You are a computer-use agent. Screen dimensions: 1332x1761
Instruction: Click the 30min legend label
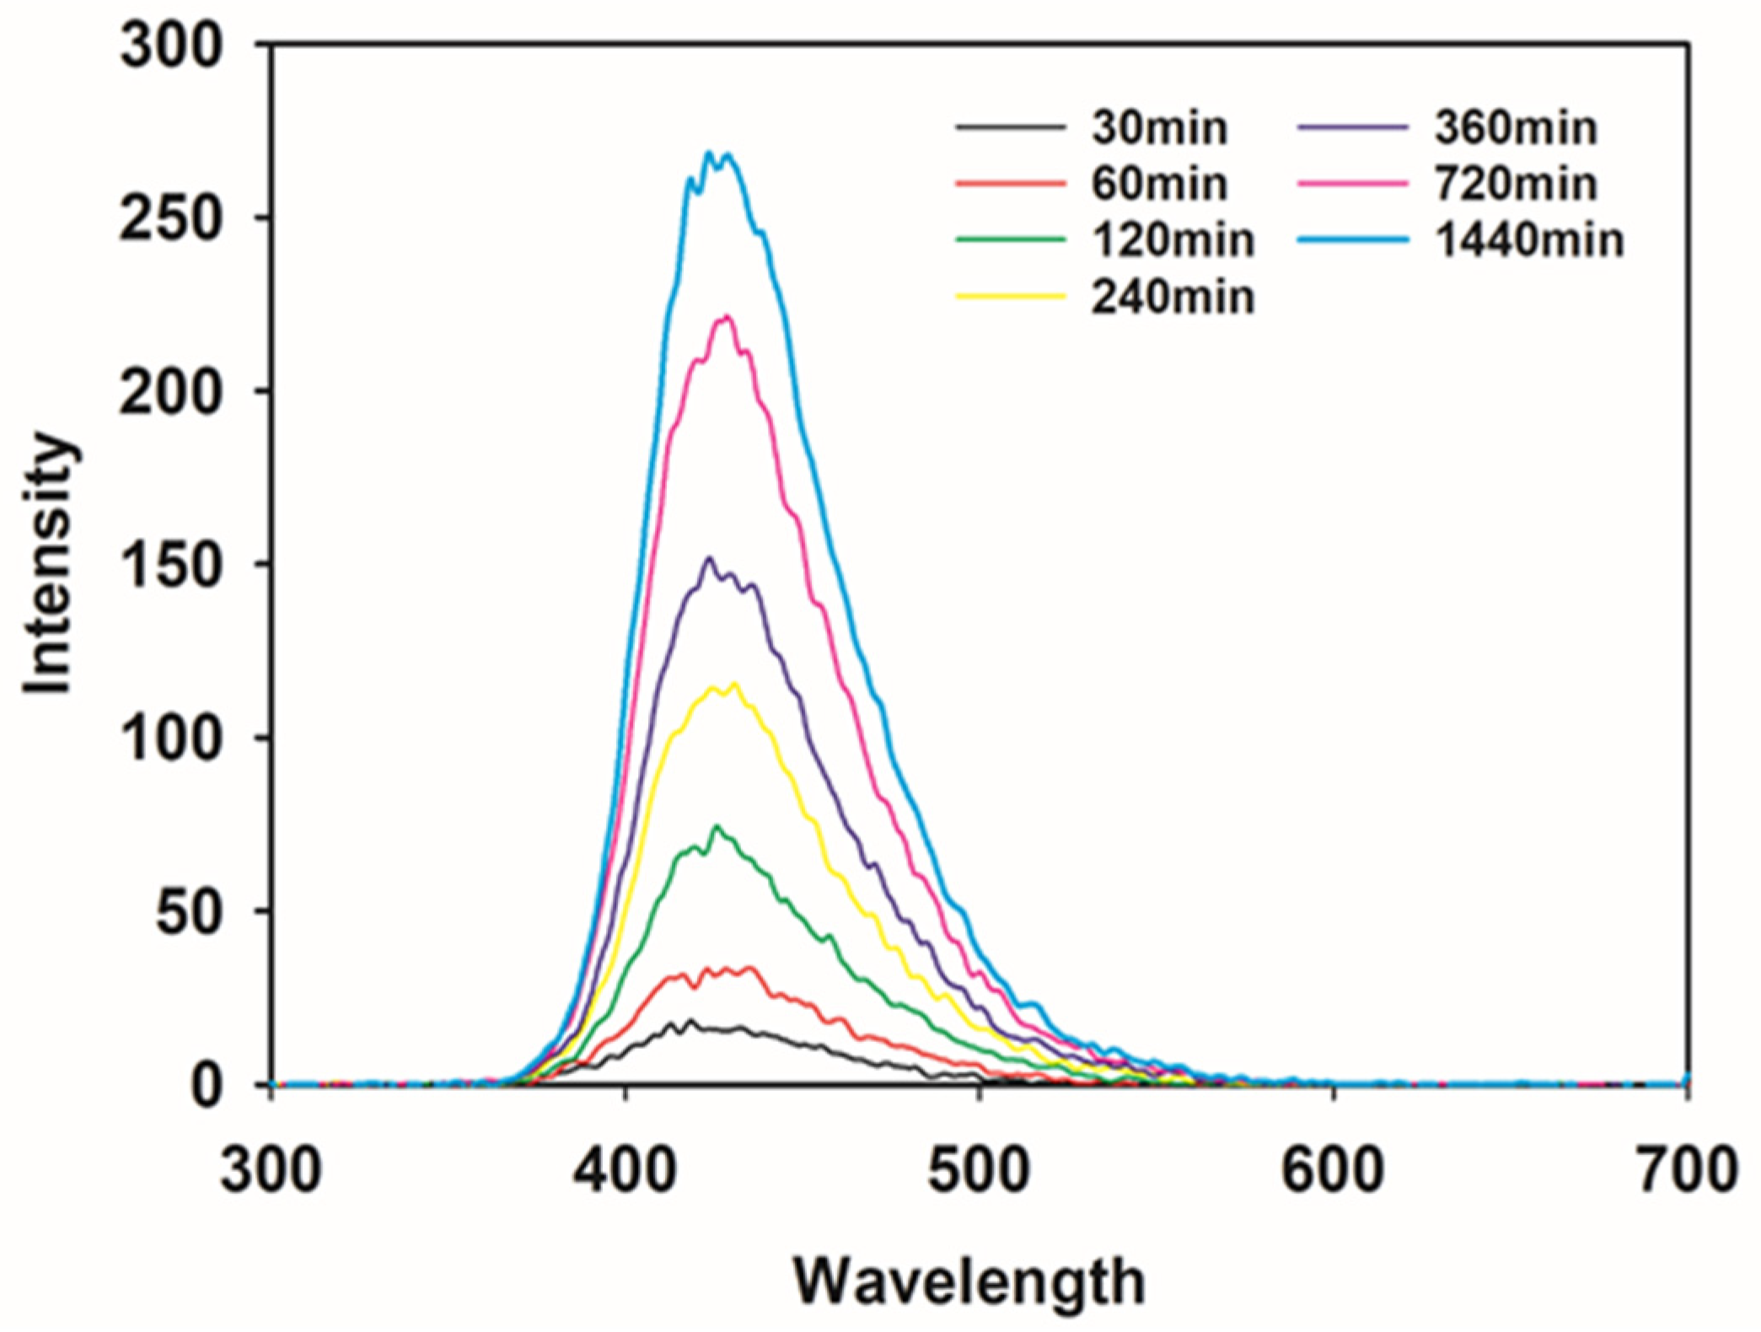click(x=1159, y=128)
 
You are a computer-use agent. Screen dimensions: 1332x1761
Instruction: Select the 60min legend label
click(x=1159, y=184)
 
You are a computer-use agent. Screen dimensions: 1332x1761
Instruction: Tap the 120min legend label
click(x=1173, y=240)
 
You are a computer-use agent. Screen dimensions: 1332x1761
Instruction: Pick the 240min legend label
click(x=1173, y=298)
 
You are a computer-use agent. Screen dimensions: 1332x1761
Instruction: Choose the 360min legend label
click(x=1515, y=128)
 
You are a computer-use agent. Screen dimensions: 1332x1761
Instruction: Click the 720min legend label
click(x=1515, y=184)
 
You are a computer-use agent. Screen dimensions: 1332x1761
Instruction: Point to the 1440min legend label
click(x=1528, y=240)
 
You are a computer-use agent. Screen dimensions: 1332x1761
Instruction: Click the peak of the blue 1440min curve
click(x=709, y=153)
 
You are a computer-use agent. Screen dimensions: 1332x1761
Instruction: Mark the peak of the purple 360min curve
click(x=710, y=557)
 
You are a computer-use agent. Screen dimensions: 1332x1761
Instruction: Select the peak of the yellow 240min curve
click(x=736, y=684)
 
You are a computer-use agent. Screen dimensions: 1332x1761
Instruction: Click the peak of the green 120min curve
click(x=717, y=826)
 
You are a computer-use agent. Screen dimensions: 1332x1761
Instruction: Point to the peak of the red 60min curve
click(x=747, y=967)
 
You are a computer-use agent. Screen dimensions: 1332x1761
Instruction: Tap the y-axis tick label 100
click(x=171, y=739)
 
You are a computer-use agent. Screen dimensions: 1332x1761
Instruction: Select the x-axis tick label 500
click(x=979, y=1170)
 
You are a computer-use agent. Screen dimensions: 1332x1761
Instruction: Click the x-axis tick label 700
click(x=1687, y=1170)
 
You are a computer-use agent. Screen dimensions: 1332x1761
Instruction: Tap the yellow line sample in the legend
click(x=1010, y=297)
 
